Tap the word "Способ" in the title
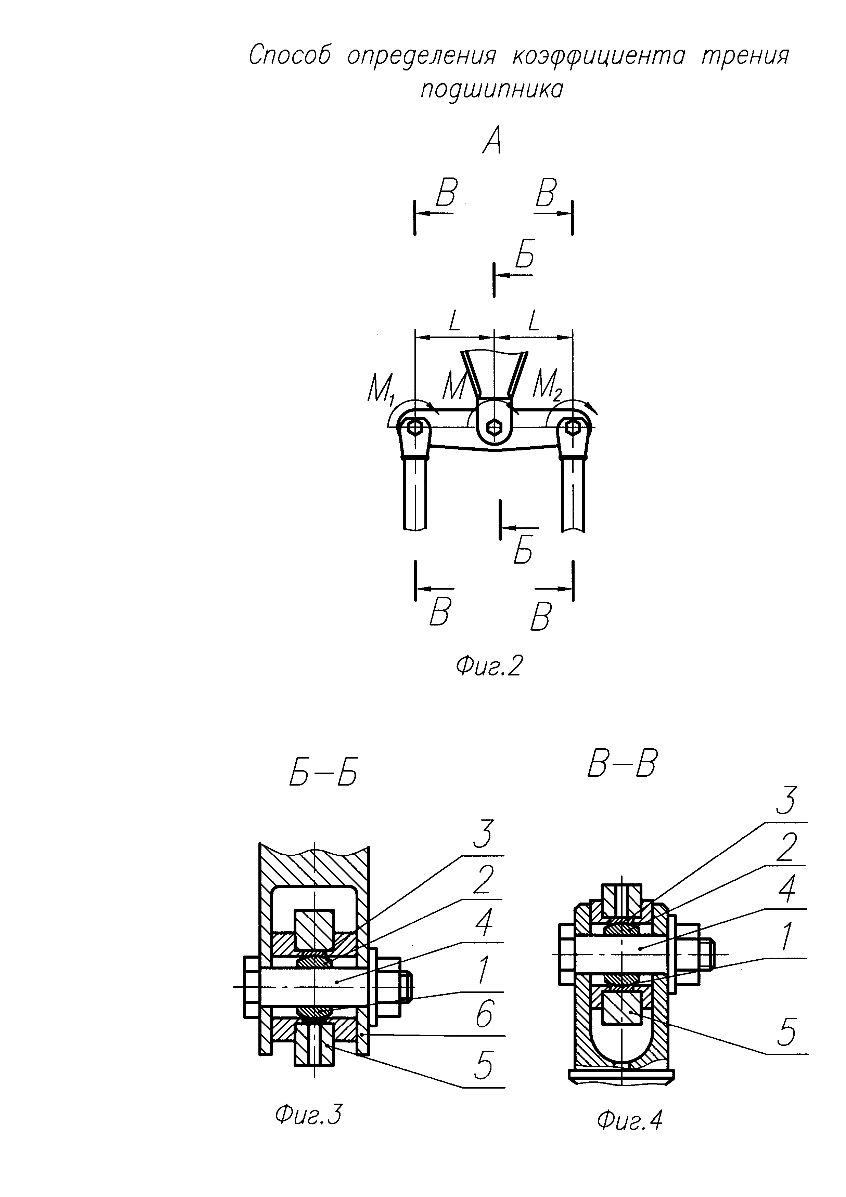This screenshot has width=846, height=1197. click(x=290, y=55)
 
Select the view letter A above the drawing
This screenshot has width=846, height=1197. click(x=492, y=141)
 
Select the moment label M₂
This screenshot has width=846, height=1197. click(x=547, y=386)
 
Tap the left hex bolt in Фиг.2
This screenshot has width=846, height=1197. click(x=415, y=428)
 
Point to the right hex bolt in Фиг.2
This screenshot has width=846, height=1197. click(x=572, y=428)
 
